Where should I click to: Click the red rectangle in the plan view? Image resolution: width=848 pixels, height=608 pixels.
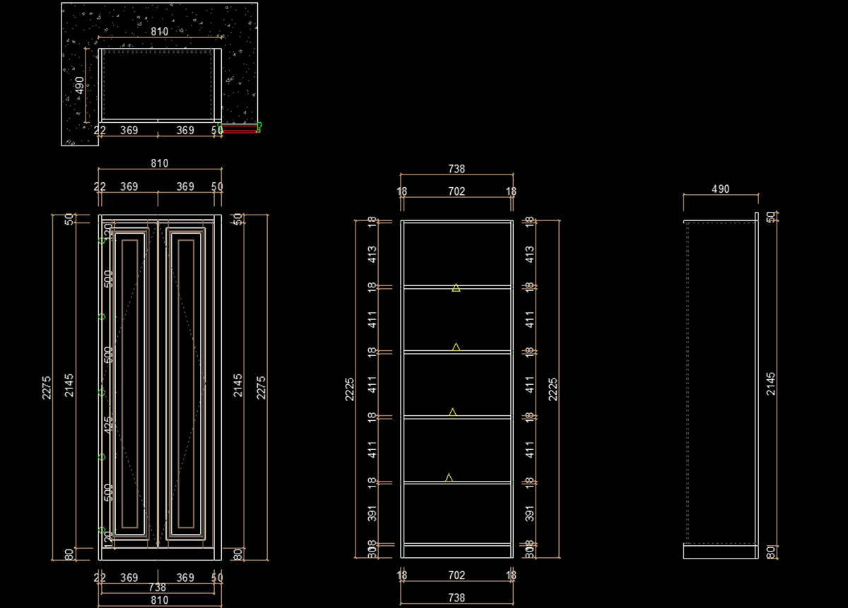(x=239, y=129)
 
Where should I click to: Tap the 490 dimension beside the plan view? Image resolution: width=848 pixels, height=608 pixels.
(x=80, y=85)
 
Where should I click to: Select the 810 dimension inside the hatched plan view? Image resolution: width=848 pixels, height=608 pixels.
(x=160, y=32)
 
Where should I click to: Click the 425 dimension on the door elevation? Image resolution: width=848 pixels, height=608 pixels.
(x=108, y=424)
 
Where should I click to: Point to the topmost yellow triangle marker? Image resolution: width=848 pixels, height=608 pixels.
(x=457, y=287)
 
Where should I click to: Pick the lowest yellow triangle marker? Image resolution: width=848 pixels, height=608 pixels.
(x=449, y=478)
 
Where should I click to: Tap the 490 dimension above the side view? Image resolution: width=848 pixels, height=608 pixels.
(x=720, y=189)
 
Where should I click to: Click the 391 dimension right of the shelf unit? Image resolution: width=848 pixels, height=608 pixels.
(x=530, y=513)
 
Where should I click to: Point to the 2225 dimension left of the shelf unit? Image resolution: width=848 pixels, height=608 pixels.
(x=350, y=388)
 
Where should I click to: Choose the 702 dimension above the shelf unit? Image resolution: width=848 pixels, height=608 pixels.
(x=457, y=191)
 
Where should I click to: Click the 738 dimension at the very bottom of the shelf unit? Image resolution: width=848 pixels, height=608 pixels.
(x=457, y=597)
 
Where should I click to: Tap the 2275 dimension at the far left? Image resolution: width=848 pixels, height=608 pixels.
(x=47, y=388)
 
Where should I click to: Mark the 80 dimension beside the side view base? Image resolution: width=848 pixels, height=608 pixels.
(x=771, y=552)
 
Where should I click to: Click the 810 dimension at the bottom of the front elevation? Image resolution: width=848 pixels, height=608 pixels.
(x=160, y=600)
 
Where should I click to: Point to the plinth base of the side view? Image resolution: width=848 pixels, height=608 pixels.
(x=720, y=552)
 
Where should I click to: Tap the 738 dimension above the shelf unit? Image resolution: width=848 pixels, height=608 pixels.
(x=457, y=169)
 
